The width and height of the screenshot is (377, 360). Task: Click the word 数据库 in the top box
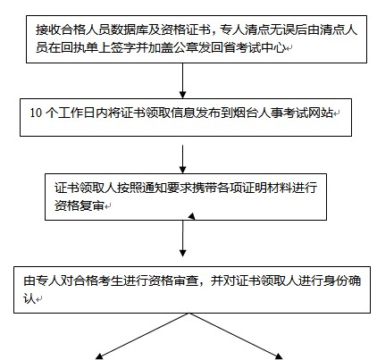(130, 29)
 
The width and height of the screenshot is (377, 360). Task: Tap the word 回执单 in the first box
(80, 47)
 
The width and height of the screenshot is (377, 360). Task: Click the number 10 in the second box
(36, 113)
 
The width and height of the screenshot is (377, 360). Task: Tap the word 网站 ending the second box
(321, 113)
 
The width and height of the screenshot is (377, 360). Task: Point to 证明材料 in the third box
(267, 188)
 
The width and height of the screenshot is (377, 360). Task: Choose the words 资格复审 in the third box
(80, 205)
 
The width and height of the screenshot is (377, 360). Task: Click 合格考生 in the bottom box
(98, 280)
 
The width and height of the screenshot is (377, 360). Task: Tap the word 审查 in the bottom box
(186, 280)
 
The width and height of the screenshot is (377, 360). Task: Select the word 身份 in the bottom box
(336, 280)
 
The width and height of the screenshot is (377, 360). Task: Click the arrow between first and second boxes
(182, 80)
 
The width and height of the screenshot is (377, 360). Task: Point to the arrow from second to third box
(182, 159)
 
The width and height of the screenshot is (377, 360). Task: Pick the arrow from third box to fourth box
(183, 239)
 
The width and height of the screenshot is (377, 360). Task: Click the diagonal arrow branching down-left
(142, 336)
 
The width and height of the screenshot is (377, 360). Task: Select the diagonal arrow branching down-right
(236, 336)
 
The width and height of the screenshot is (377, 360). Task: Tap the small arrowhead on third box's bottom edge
(191, 216)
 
